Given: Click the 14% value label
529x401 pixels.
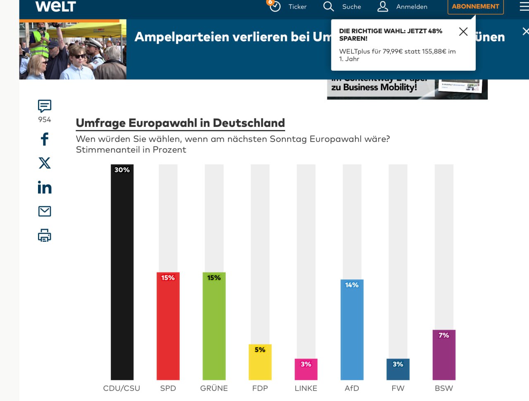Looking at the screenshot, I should [x=352, y=285].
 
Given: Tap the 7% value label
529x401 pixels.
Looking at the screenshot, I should [x=444, y=335].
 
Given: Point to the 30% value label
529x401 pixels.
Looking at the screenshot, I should [x=122, y=170].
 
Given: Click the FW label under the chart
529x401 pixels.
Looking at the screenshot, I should [x=398, y=388].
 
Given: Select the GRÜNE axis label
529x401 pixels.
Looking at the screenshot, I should [x=214, y=388].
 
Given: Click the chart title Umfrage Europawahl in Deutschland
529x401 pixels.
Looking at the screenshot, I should [x=180, y=123].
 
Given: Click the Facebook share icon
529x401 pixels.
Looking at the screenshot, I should [x=45, y=139].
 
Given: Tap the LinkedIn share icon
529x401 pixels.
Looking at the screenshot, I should [x=45, y=187].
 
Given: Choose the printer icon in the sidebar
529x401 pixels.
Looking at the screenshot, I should [x=45, y=235].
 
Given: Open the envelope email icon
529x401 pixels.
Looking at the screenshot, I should [x=45, y=211].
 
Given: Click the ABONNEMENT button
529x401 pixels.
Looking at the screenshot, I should [x=475, y=7].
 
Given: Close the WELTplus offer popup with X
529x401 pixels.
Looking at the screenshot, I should [x=463, y=32].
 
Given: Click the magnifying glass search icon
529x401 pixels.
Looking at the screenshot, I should [x=329, y=7].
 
